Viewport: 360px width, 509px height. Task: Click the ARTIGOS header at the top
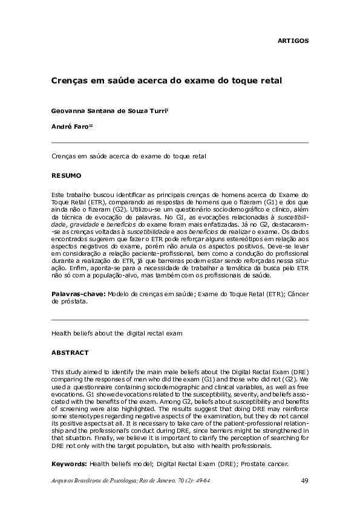click(293, 41)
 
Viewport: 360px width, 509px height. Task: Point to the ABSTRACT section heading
click(70, 352)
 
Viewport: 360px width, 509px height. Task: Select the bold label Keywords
click(69, 464)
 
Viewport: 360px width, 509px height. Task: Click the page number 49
click(304, 481)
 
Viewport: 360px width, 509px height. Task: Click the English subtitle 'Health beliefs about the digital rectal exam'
click(117, 333)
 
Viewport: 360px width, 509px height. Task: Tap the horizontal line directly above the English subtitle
click(180, 320)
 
